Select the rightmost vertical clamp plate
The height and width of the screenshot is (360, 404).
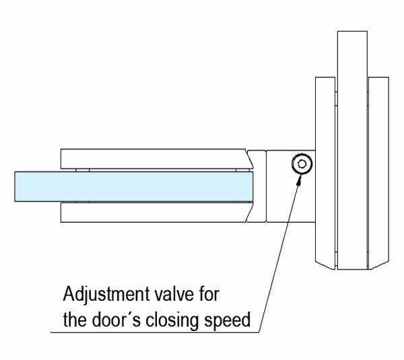click(x=378, y=168)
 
